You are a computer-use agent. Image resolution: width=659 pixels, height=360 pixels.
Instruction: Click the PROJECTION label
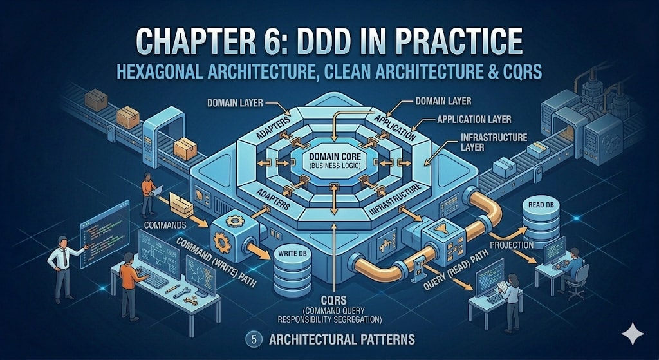[511, 245]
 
